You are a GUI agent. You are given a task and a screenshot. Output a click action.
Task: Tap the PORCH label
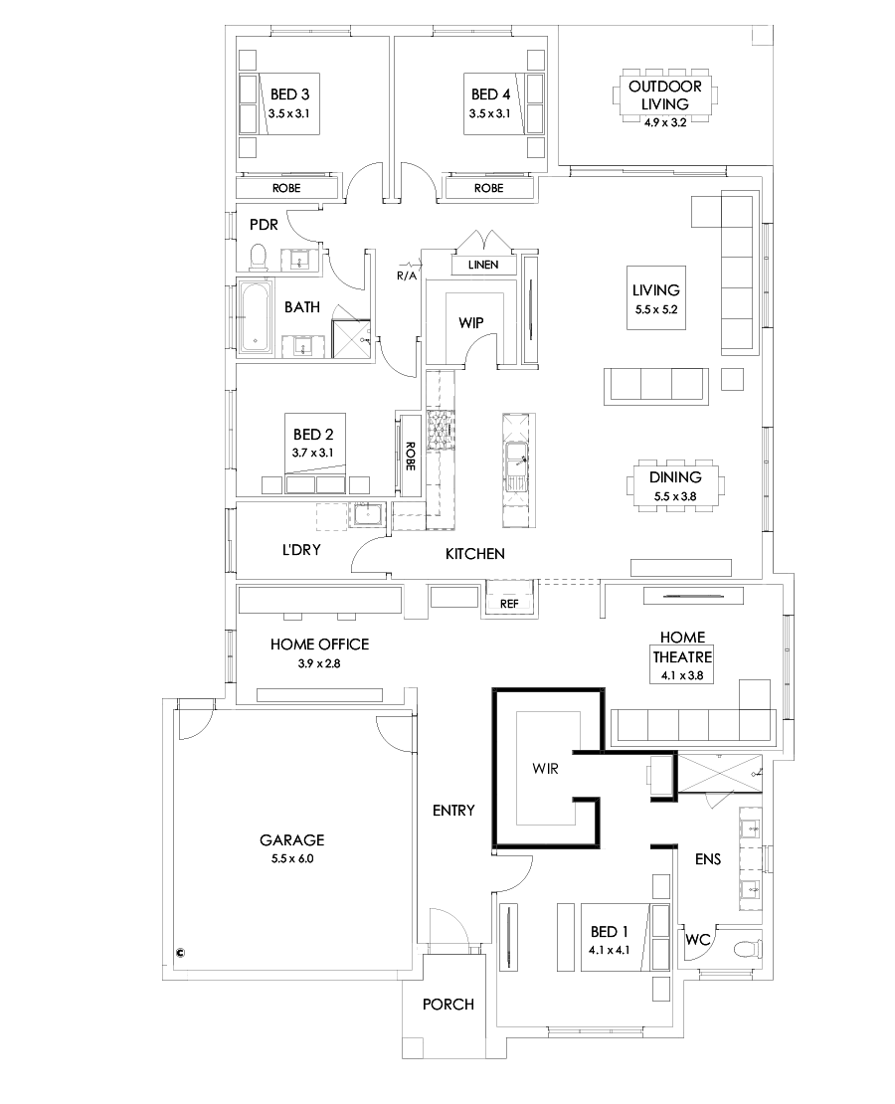pos(447,1004)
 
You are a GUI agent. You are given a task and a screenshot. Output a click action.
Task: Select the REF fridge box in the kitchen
pos(508,603)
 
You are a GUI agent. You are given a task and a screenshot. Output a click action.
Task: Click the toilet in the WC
pos(742,949)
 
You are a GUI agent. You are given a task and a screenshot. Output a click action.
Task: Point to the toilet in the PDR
pos(259,258)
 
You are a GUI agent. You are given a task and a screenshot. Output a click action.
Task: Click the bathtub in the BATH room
pos(257,317)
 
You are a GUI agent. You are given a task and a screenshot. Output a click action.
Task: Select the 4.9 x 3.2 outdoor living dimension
pos(663,121)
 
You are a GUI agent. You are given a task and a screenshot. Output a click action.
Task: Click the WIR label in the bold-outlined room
pos(544,768)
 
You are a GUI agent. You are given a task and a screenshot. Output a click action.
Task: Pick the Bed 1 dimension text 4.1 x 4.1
pos(608,949)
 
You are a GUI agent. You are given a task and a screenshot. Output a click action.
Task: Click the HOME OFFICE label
pos(319,644)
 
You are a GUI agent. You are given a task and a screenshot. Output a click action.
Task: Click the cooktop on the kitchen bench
pos(440,431)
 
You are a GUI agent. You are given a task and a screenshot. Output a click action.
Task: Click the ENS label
pos(708,858)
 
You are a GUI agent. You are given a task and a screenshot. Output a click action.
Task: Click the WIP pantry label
pos(470,323)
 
